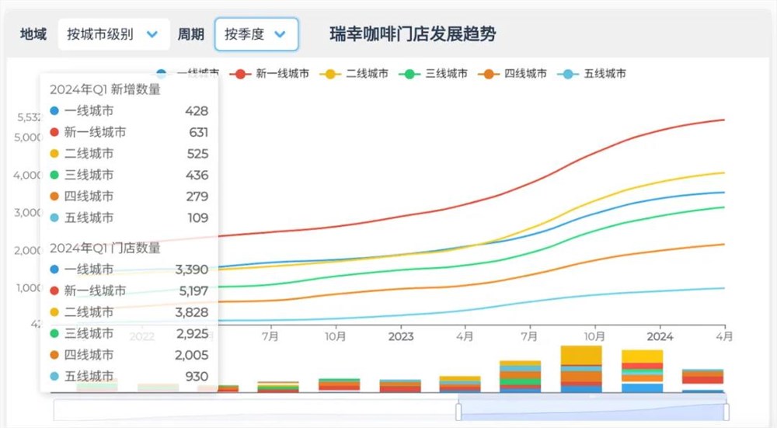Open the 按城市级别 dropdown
pyautogui.click(x=113, y=34)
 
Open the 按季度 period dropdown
pyautogui.click(x=256, y=34)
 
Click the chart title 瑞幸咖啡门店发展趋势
pyautogui.click(x=413, y=34)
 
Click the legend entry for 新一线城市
pyautogui.click(x=274, y=74)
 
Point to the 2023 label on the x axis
pyautogui.click(x=401, y=336)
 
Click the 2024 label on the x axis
pyautogui.click(x=660, y=336)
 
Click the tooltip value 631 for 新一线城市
pyautogui.click(x=198, y=132)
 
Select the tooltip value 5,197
pyautogui.click(x=192, y=291)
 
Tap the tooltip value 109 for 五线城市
pyautogui.click(x=197, y=217)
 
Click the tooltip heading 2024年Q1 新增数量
pyautogui.click(x=105, y=89)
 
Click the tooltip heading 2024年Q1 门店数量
pyautogui.click(x=105, y=248)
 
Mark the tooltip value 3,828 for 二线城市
pyautogui.click(x=192, y=311)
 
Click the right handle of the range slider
pyautogui.click(x=726, y=411)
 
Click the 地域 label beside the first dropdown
pyautogui.click(x=33, y=34)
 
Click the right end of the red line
pyautogui.click(x=723, y=120)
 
